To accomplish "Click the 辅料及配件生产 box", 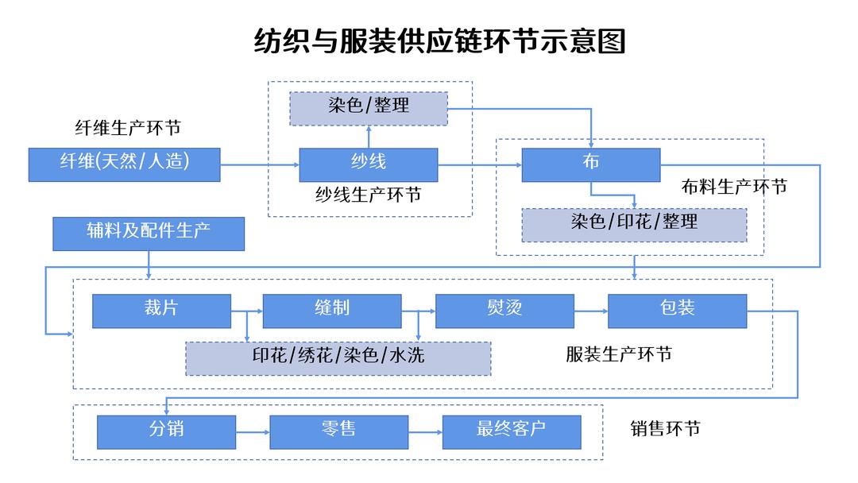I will [149, 234].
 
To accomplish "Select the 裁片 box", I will [161, 311].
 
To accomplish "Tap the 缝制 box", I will [331, 311].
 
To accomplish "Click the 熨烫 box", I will [504, 311].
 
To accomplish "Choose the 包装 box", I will [677, 311].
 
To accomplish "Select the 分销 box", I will [166, 431].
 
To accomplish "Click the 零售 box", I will [339, 431].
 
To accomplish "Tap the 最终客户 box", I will [511, 431].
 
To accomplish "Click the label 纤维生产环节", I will [128, 129].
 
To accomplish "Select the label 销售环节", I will [665, 429].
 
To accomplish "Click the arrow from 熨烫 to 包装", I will [590, 311].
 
